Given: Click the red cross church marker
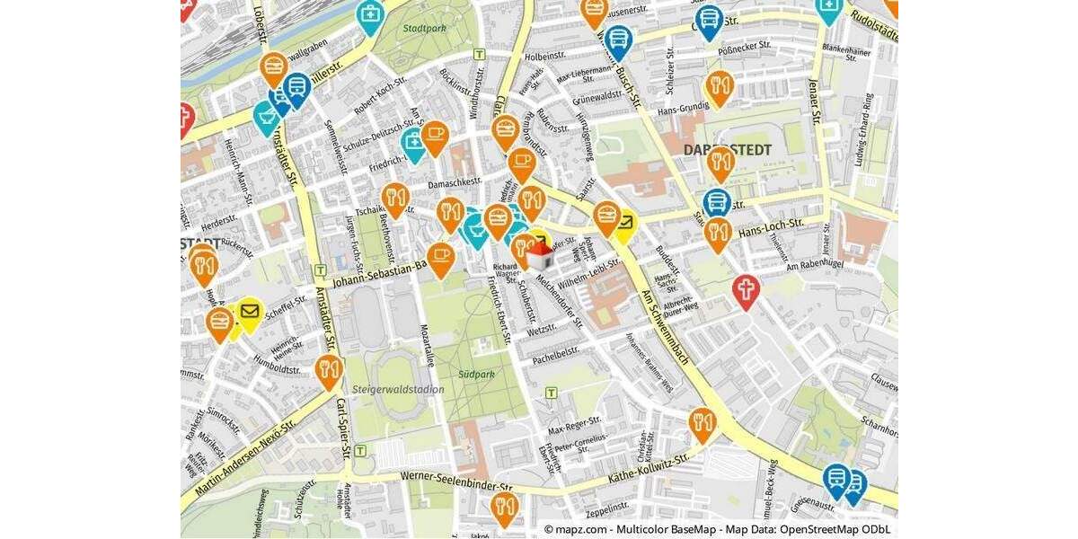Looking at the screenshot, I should (745, 289).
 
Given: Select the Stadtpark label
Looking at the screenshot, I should (424, 29).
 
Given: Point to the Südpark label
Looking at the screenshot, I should (475, 374).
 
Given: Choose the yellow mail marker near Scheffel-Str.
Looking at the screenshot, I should (249, 313).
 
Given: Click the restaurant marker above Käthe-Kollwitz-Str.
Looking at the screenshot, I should (702, 421).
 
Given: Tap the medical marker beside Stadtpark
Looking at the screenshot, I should (369, 14).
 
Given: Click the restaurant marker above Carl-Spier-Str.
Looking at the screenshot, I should (328, 368).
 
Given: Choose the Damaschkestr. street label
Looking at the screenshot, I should (455, 183).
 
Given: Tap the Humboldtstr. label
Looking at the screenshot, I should (278, 368).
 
